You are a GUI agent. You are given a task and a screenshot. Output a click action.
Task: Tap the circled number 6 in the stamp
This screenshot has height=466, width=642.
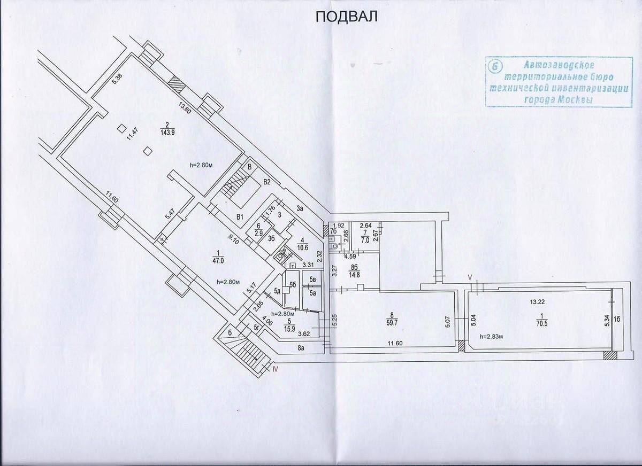tap(495, 66)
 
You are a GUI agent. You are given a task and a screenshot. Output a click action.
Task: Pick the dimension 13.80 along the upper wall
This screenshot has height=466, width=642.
tap(185, 110)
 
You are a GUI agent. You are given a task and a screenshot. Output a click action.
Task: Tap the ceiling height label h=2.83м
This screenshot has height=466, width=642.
tap(495, 337)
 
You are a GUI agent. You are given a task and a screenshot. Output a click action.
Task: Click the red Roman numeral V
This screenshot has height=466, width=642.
tap(470, 277)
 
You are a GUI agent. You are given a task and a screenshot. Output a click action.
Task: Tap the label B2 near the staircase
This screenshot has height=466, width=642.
tap(267, 182)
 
